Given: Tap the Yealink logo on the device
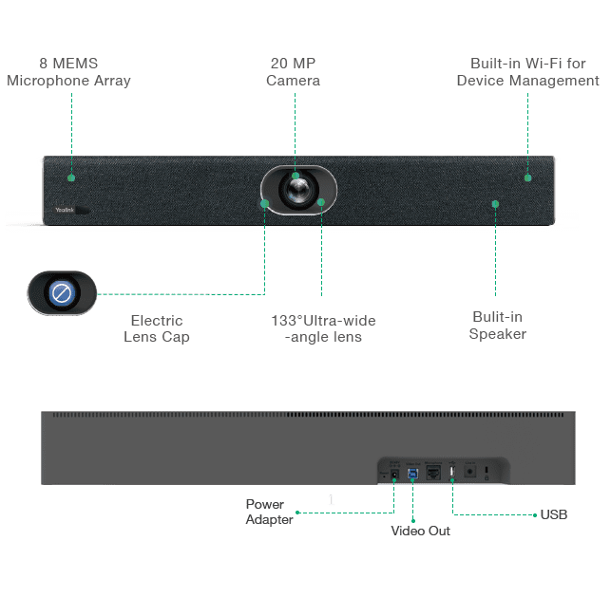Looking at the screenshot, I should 64,209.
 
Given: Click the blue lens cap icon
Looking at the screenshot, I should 62,293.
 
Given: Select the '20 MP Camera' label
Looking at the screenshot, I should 293,72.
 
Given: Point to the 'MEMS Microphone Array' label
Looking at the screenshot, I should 68,72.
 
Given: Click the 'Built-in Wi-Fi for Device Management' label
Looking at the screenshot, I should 527,72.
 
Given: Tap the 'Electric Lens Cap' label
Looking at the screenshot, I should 156,328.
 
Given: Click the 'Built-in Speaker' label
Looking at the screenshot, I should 496,326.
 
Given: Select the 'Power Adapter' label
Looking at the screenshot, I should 269,512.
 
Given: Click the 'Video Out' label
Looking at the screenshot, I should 420,531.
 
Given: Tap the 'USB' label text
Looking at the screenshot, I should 553,514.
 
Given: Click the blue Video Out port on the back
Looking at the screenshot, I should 413,472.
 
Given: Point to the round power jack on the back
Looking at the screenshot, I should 393,472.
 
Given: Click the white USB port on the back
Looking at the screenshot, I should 452,471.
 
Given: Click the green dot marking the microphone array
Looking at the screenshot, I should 70,177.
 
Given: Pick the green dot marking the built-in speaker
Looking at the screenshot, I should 495,203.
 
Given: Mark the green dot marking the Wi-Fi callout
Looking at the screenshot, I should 527,177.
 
